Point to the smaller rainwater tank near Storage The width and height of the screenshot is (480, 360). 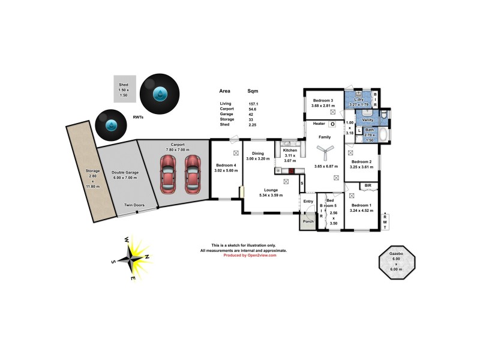[112, 125]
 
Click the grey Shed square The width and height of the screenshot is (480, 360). [124, 89]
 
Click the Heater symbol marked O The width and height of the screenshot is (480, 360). [332, 124]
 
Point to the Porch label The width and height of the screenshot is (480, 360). [308, 221]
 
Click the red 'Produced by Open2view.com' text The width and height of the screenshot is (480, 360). [250, 255]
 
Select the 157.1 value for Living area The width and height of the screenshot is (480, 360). [254, 103]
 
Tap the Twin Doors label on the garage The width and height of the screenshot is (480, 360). [134, 205]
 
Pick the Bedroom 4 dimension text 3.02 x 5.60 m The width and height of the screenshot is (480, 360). [226, 170]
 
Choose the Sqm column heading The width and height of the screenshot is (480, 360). [253, 92]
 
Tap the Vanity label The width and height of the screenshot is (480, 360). [368, 120]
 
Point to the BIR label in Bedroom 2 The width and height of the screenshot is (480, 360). [368, 186]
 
